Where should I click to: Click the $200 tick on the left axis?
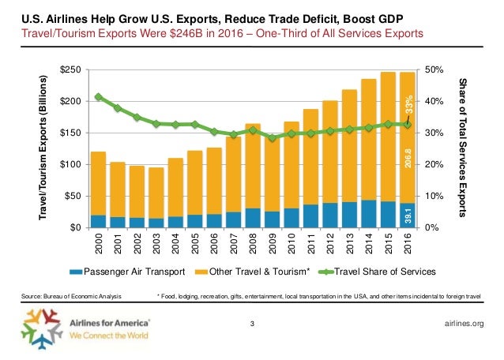[x=73, y=101]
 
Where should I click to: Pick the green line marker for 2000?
[x=99, y=97]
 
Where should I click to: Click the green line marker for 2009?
[x=271, y=137]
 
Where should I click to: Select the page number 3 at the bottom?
[x=251, y=324]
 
